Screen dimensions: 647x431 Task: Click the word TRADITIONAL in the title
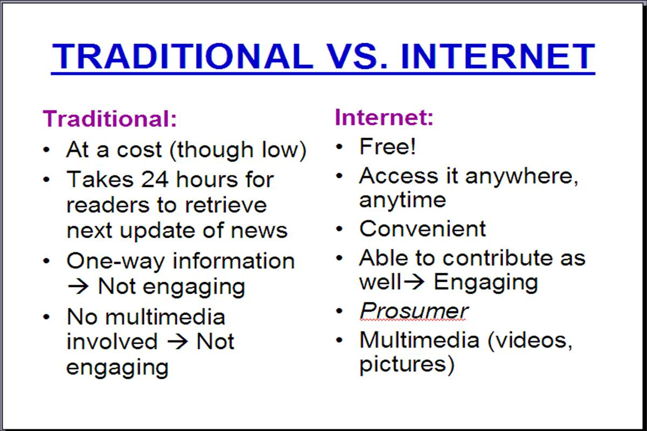(182, 57)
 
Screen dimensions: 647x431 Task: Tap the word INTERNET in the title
(498, 57)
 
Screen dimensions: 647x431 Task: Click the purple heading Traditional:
(110, 119)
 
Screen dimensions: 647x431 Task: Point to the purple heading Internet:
(384, 117)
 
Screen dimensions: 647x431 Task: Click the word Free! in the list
(387, 146)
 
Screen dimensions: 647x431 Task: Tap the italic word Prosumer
(414, 311)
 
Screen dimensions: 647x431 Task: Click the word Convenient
(422, 228)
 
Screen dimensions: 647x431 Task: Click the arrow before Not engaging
(78, 286)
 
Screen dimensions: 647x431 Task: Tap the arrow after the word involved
(178, 342)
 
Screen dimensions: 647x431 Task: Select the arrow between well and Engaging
(414, 282)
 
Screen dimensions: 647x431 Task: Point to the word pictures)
(407, 365)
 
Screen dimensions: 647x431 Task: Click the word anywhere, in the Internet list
(521, 177)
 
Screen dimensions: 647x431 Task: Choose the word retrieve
(226, 205)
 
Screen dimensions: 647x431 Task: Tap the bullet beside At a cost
(46, 150)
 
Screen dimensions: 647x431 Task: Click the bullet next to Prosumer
(339, 311)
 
